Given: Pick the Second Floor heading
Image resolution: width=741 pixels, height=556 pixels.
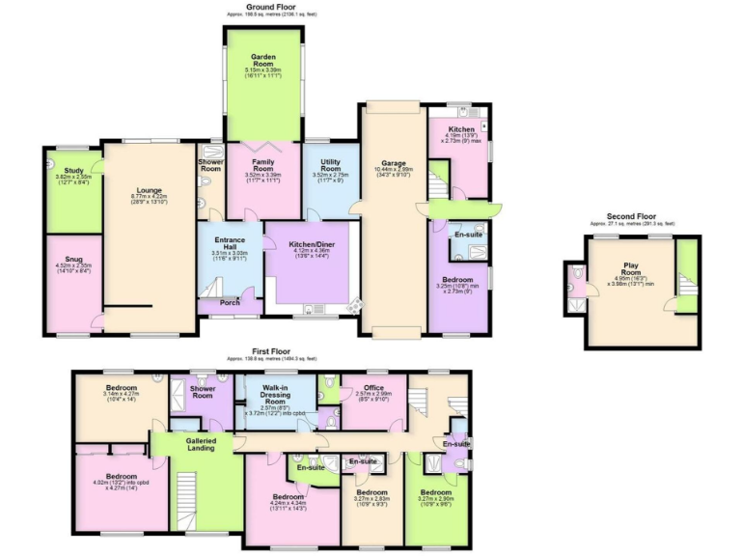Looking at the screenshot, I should pyautogui.click(x=632, y=216).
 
